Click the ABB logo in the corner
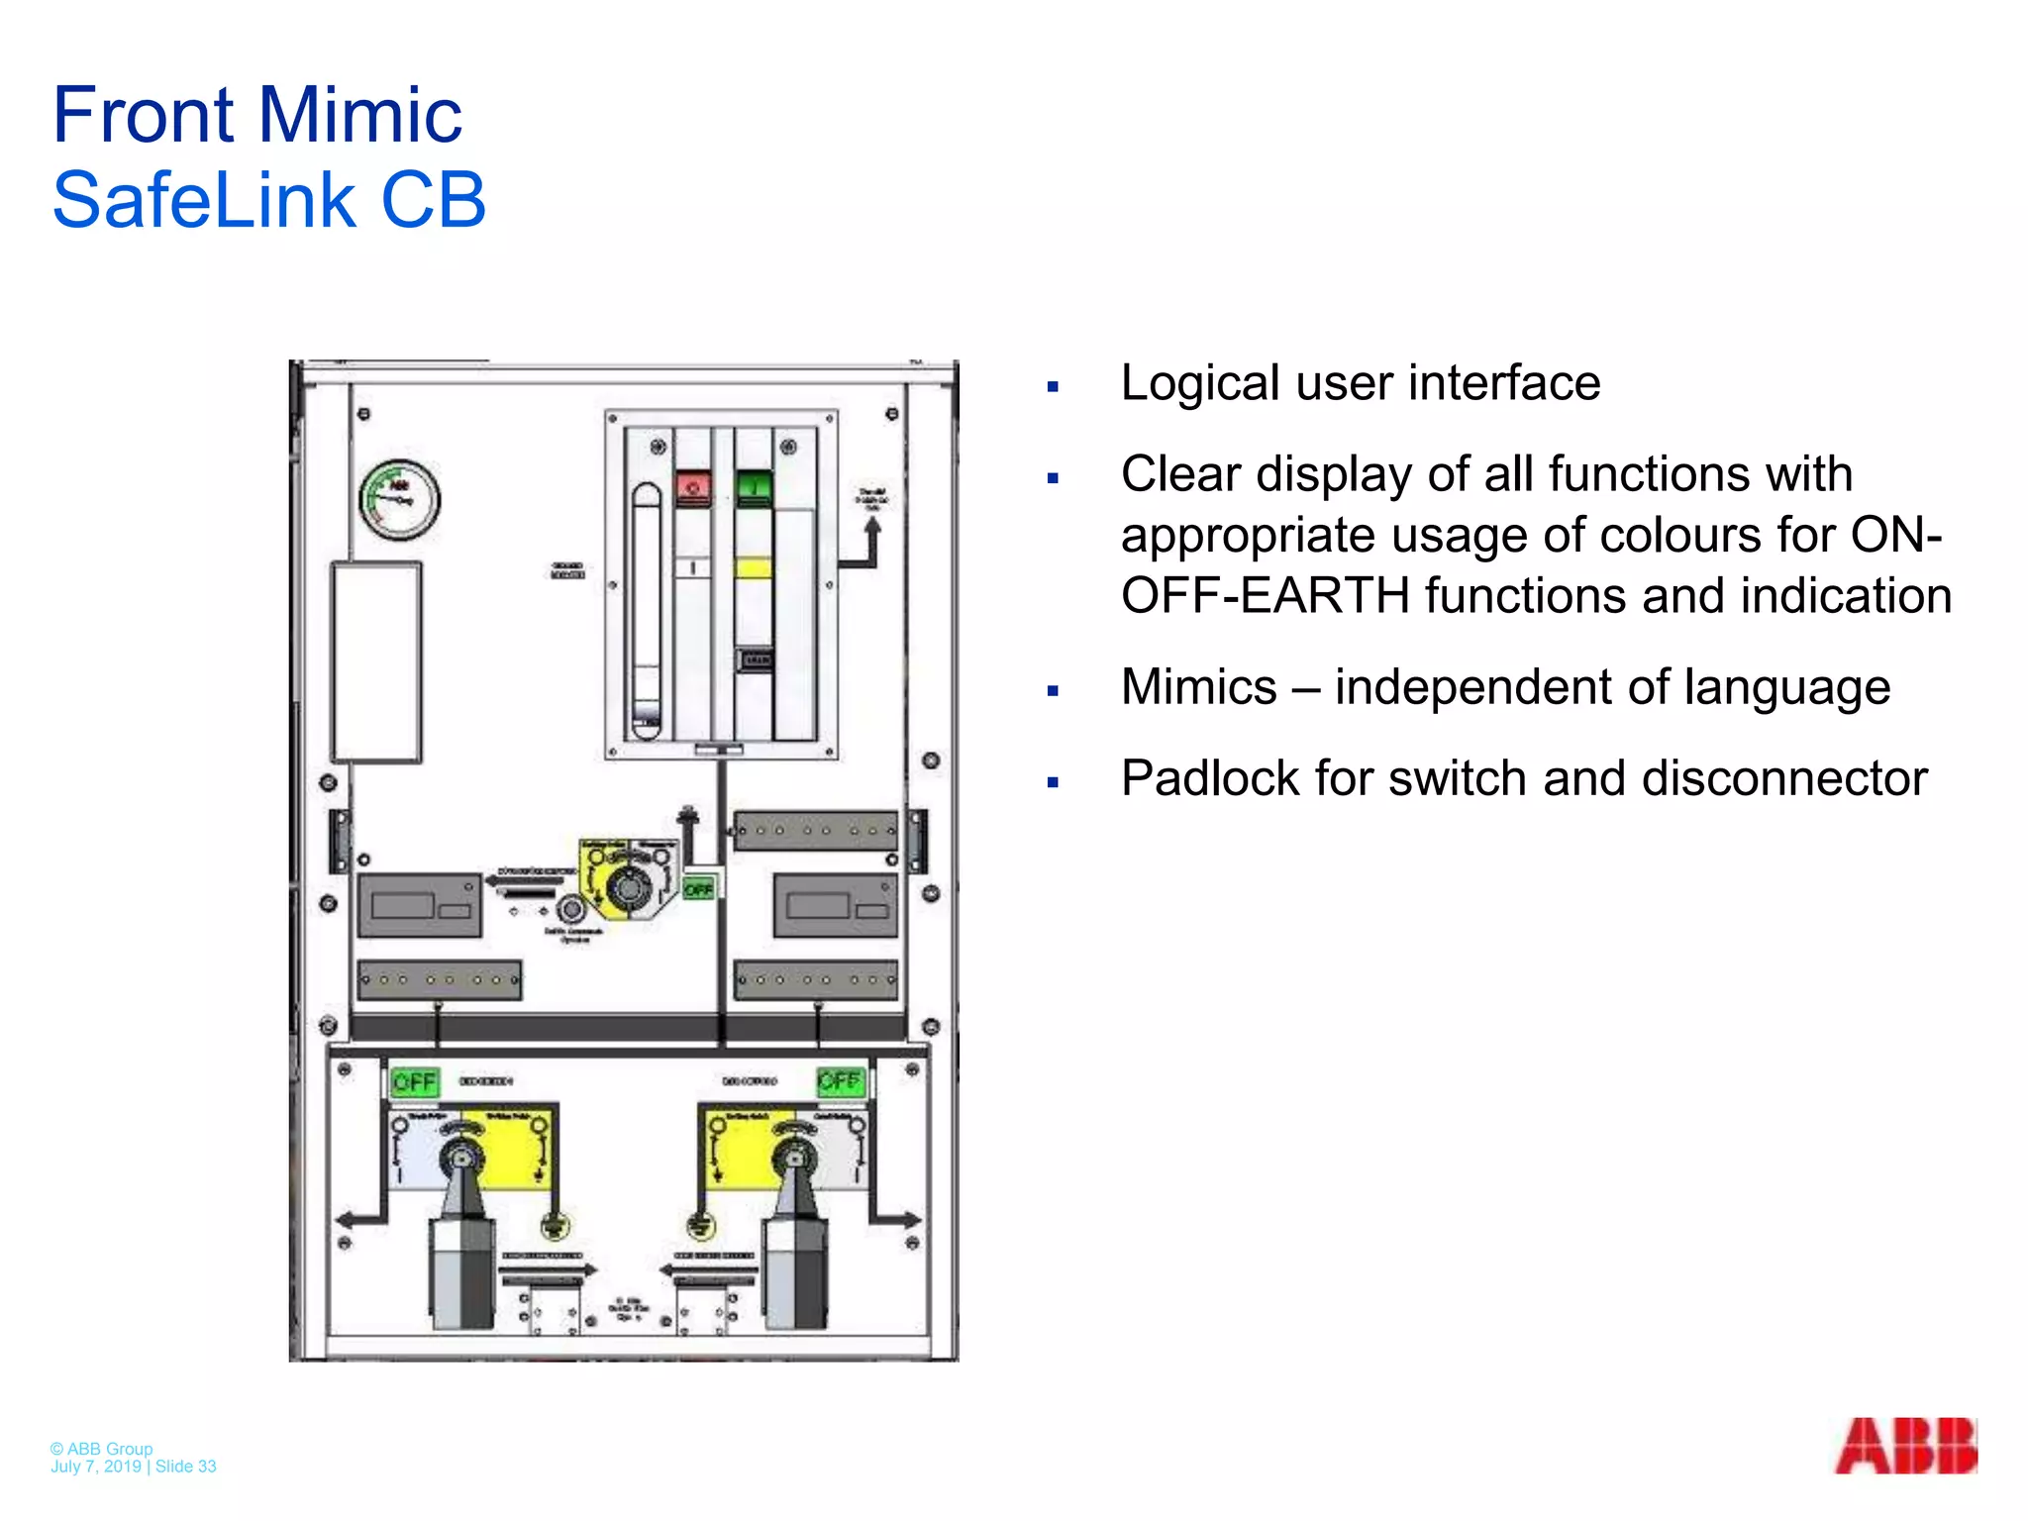(x=1905, y=1446)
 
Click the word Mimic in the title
(x=360, y=115)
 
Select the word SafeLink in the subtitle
(x=203, y=200)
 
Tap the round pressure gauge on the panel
(x=399, y=499)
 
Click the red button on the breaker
(x=693, y=487)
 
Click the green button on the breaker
(x=755, y=486)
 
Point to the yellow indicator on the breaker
(x=754, y=567)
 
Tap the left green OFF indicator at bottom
(x=414, y=1081)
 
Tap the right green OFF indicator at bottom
(x=840, y=1080)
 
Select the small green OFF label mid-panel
(x=698, y=888)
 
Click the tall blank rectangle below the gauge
(x=376, y=661)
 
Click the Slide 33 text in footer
(x=185, y=1467)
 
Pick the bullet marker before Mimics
(x=1053, y=691)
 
